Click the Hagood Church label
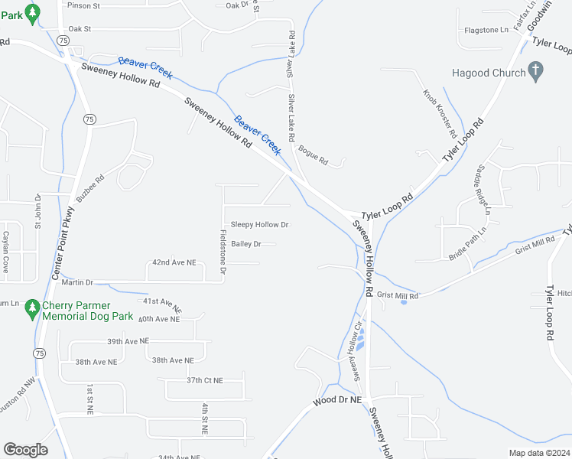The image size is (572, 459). click(489, 73)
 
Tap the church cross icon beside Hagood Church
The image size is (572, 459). click(536, 72)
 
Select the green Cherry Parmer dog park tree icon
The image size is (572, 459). click(31, 308)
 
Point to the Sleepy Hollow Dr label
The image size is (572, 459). click(259, 225)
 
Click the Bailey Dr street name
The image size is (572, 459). click(246, 244)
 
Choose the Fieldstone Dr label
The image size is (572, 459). click(223, 252)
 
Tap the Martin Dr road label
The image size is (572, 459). click(78, 282)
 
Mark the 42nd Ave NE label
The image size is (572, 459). click(174, 262)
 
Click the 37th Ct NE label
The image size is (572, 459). click(205, 380)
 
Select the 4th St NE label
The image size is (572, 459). click(205, 419)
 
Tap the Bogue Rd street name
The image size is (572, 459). click(313, 156)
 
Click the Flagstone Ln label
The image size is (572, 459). click(486, 30)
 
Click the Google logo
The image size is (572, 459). click(25, 450)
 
